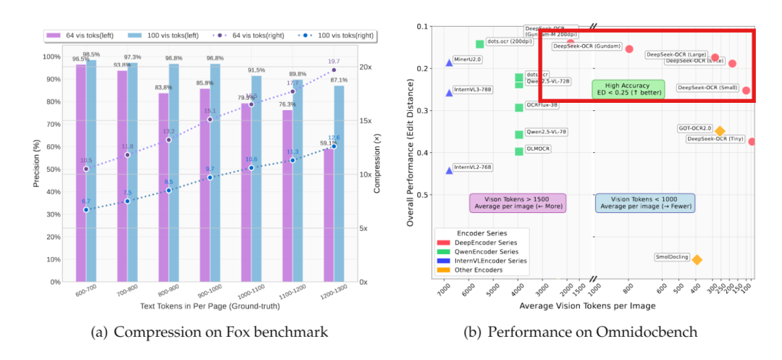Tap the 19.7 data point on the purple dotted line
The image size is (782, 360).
334,70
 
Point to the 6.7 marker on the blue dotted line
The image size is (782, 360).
86,210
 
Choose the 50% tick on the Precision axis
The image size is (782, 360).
51,169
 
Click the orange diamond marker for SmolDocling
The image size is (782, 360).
697,259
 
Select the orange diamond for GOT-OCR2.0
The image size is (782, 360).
720,131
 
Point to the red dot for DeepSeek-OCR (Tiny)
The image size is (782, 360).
752,141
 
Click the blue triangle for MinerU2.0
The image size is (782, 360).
449,63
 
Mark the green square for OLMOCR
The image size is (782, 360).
519,151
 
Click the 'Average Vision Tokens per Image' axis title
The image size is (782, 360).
587,306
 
